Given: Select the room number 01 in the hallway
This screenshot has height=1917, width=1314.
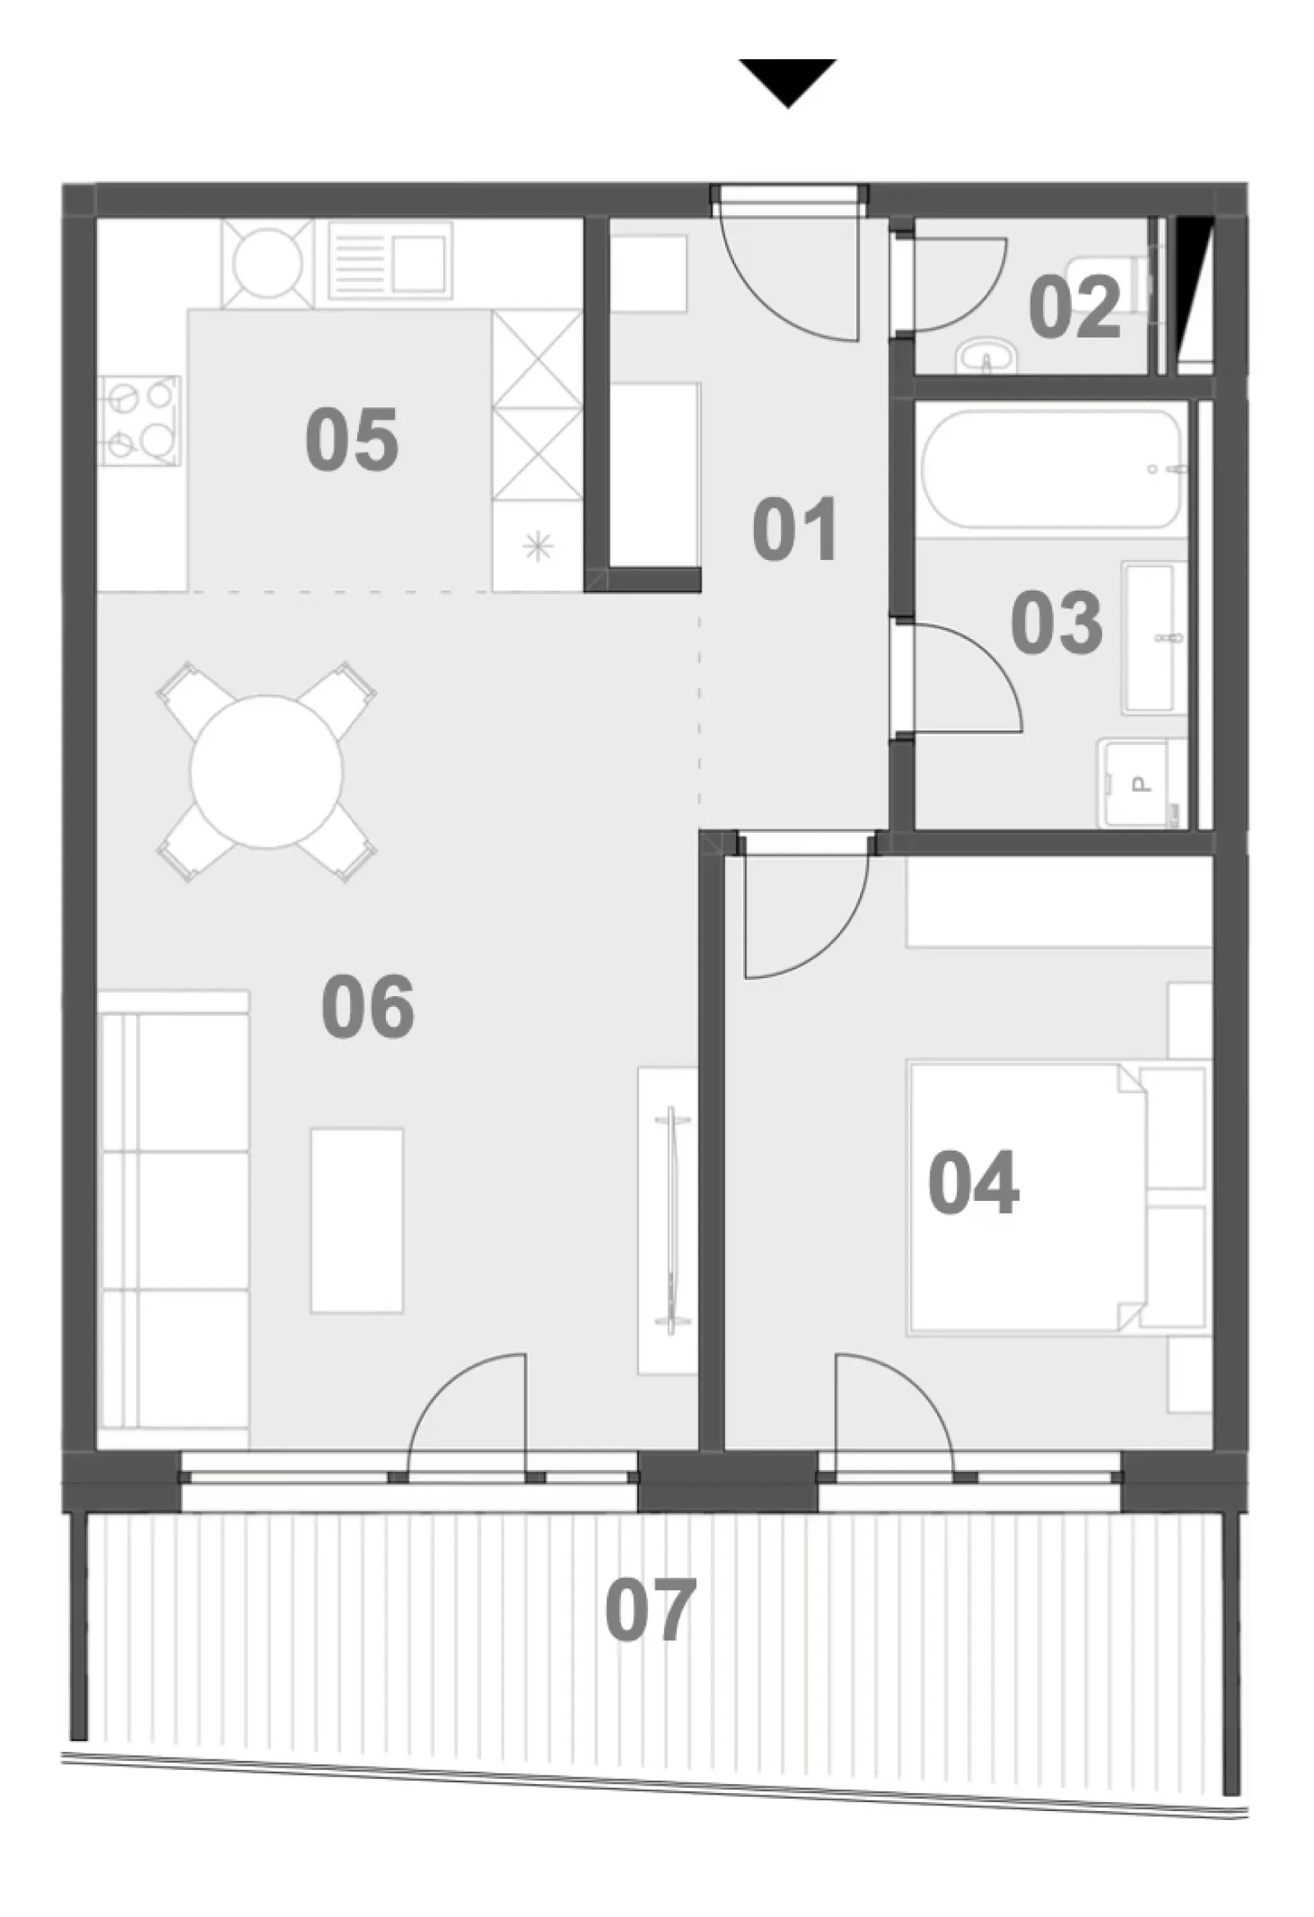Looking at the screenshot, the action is coord(795,529).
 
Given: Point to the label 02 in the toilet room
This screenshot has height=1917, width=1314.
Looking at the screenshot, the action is coord(1075,307).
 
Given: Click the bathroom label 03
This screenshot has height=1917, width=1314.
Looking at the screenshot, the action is coord(1057,623).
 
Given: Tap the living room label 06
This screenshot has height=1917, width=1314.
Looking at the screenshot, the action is coord(367,1006).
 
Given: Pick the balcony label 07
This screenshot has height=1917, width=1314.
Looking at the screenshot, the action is coord(650,1610).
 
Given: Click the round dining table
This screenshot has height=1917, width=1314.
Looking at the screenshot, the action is coord(266,771).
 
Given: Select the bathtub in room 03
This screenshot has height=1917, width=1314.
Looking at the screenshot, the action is coord(1054,468).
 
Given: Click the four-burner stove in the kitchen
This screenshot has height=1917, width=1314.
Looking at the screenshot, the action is coord(140,419).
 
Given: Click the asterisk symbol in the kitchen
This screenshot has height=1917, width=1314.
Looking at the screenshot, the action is coord(538,546).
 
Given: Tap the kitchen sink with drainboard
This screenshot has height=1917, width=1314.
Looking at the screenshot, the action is coord(390,260).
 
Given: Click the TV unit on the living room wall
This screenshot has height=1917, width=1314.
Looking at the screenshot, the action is coord(668,1221).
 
